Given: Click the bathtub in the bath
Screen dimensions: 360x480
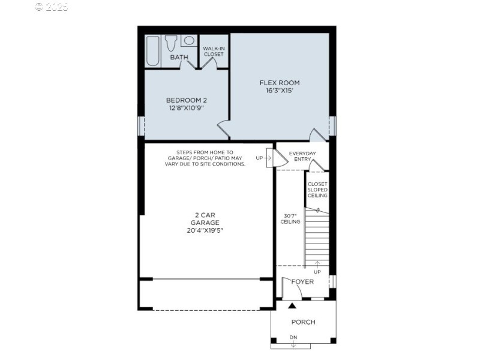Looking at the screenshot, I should (x=152, y=51).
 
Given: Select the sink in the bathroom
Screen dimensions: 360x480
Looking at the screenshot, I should (x=188, y=41).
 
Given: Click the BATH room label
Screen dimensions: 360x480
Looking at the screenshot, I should (x=179, y=58).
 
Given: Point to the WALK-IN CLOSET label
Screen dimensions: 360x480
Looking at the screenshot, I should (x=213, y=51).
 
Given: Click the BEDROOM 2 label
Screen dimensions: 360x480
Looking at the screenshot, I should (x=187, y=100).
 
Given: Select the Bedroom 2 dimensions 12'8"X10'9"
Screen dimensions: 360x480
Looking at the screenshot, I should (x=187, y=109).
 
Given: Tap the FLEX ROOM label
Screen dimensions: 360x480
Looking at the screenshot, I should (x=279, y=83).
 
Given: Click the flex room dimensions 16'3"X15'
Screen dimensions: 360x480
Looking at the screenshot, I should (x=279, y=91).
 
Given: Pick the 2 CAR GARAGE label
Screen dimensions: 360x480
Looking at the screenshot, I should (x=206, y=218).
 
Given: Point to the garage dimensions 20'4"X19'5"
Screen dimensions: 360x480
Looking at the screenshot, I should (x=206, y=230).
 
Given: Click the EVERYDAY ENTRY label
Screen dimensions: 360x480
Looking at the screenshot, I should (x=302, y=157).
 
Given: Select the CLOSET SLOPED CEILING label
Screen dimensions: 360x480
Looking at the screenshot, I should (x=317, y=190).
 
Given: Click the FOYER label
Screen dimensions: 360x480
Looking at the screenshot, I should (x=302, y=282).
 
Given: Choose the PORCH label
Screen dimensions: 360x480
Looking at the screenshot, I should (x=303, y=322).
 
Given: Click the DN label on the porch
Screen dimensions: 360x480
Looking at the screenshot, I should (x=293, y=338).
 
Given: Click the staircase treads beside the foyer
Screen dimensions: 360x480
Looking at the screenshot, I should (x=317, y=237).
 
